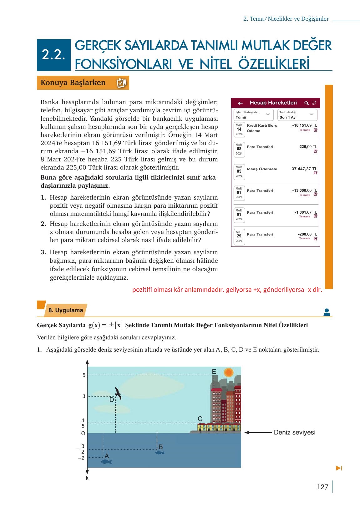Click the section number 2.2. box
(53, 55)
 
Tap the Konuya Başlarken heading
(73, 83)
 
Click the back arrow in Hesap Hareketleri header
(240, 103)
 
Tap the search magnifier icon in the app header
(307, 103)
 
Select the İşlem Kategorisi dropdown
(253, 115)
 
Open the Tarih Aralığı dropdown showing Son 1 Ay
(297, 115)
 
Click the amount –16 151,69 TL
(304, 125)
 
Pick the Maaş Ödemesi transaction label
(262, 169)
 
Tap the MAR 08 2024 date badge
(239, 149)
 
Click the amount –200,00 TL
(307, 234)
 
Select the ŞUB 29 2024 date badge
(239, 236)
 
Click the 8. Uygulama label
(66, 310)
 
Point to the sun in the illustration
(229, 372)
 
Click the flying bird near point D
(118, 393)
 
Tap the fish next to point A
(106, 462)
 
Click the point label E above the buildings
(214, 372)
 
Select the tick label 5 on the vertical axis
(84, 375)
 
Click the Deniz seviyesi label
(294, 433)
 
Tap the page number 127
(322, 487)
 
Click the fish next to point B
(160, 452)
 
